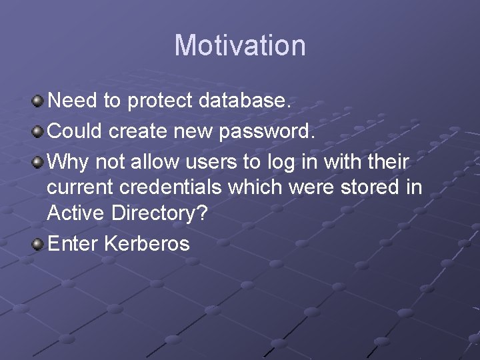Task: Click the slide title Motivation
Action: (x=240, y=46)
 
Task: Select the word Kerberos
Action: (x=147, y=243)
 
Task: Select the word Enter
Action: (x=73, y=243)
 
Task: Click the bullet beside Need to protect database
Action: (x=38, y=101)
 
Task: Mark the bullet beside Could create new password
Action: (x=38, y=131)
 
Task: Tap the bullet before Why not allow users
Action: (x=38, y=161)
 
